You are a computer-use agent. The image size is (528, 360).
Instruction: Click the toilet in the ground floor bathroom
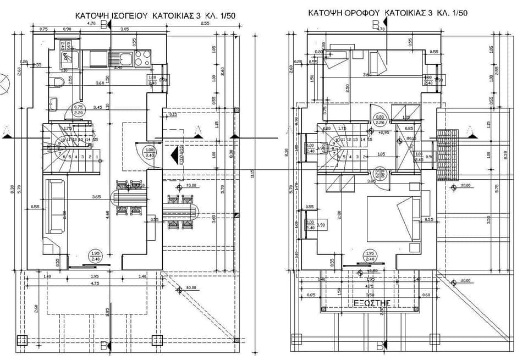point(59,82)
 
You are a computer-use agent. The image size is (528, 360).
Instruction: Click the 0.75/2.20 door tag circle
point(79,109)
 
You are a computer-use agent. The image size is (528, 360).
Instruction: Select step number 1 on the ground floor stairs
point(97,157)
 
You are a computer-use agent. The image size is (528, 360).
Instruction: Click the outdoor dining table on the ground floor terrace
point(180,212)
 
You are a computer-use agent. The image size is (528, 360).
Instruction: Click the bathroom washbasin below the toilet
point(53,103)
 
